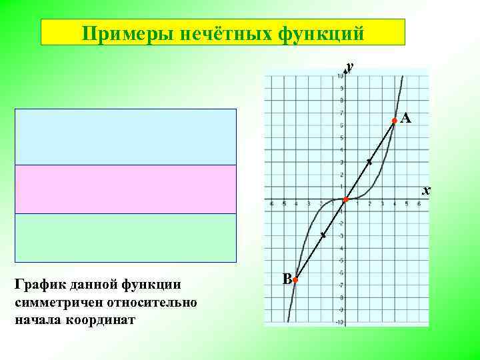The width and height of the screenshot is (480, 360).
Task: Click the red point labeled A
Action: (x=394, y=121)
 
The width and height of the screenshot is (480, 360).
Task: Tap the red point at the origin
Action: (x=345, y=200)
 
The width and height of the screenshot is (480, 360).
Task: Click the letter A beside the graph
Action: (x=406, y=119)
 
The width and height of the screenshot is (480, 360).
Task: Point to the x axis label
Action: (x=427, y=191)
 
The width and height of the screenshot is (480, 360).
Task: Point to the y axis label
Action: (x=349, y=66)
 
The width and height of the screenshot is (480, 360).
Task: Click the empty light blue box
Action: (x=126, y=137)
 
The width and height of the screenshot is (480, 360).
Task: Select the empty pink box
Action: (x=126, y=189)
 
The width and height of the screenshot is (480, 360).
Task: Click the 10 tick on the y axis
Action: (x=340, y=76)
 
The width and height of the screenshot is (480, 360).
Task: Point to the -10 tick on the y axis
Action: (x=339, y=323)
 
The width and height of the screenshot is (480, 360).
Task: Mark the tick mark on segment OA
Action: (x=369, y=162)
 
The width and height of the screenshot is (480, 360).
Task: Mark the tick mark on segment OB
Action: (x=323, y=235)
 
